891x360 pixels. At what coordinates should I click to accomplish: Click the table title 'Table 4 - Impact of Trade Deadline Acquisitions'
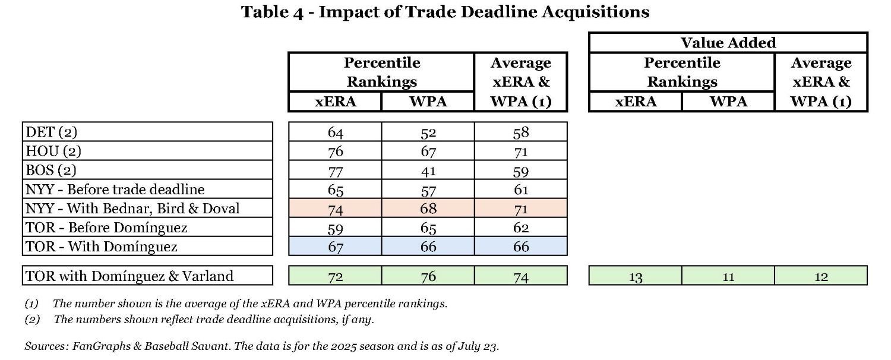(x=445, y=12)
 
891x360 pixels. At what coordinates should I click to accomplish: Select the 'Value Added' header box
(x=728, y=43)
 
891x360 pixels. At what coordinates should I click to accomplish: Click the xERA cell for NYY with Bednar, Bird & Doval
(x=335, y=208)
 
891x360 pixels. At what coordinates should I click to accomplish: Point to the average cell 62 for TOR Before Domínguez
(x=520, y=227)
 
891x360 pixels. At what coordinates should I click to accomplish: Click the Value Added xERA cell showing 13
(x=635, y=276)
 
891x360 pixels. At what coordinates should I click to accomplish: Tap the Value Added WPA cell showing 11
(x=728, y=276)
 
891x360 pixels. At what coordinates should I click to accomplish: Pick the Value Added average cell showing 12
(x=821, y=276)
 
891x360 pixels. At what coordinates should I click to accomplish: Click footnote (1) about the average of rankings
(x=236, y=304)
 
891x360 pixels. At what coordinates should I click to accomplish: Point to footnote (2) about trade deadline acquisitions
(x=199, y=320)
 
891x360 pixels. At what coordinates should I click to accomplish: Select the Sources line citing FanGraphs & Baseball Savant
(x=261, y=346)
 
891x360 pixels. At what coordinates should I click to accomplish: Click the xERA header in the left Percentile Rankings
(x=335, y=102)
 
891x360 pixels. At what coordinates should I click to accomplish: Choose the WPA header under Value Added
(x=728, y=102)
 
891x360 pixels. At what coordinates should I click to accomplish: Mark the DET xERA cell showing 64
(x=335, y=132)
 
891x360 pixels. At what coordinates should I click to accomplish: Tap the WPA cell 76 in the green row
(x=428, y=276)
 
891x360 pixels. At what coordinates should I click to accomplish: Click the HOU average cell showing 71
(x=520, y=151)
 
